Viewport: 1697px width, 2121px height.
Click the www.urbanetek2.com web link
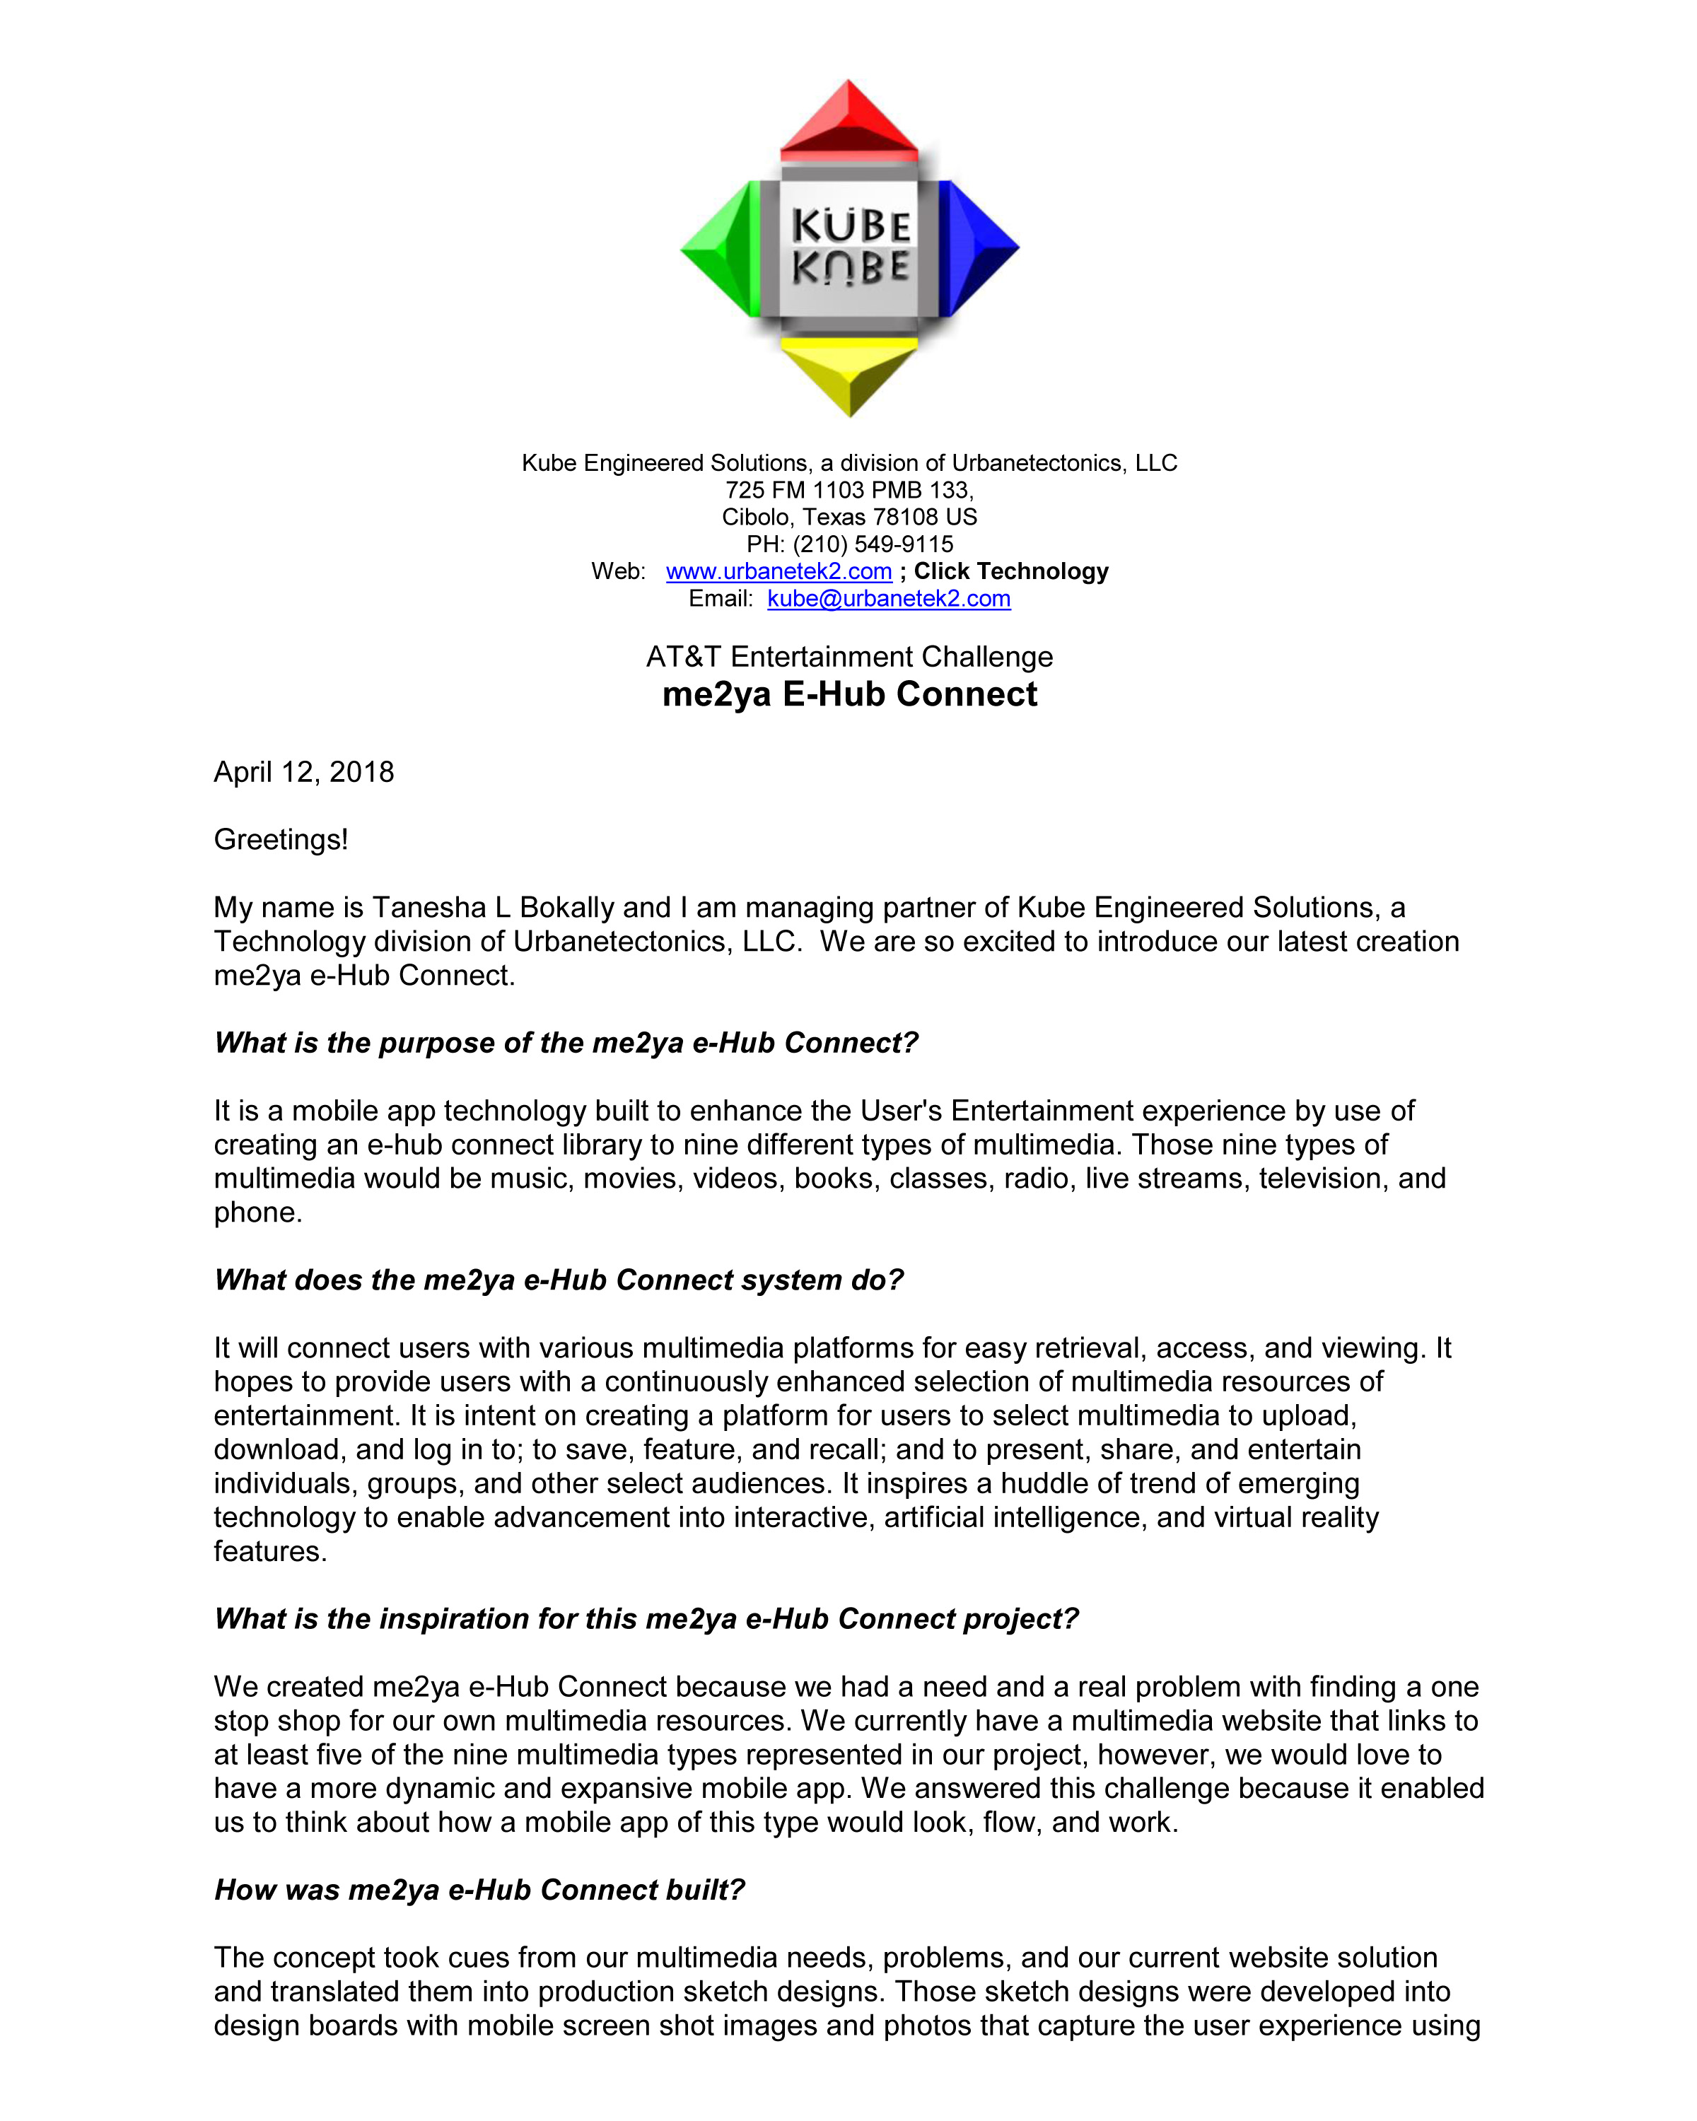click(778, 571)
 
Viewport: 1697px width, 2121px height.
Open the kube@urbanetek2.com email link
click(888, 599)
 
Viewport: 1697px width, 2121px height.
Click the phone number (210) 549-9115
click(873, 544)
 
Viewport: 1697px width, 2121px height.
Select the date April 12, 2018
click(304, 772)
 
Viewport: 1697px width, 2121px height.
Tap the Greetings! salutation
click(281, 840)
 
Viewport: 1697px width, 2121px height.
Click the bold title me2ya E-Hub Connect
click(849, 694)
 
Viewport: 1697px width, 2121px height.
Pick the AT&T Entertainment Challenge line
click(849, 657)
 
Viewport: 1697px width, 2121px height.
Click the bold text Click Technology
click(1010, 571)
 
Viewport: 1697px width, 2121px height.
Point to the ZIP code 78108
click(905, 518)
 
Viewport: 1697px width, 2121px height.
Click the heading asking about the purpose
click(566, 1043)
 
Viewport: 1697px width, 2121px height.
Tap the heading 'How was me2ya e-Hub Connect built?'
click(479, 1890)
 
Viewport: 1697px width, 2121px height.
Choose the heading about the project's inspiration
click(646, 1619)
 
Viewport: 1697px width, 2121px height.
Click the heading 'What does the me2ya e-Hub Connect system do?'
click(559, 1280)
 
